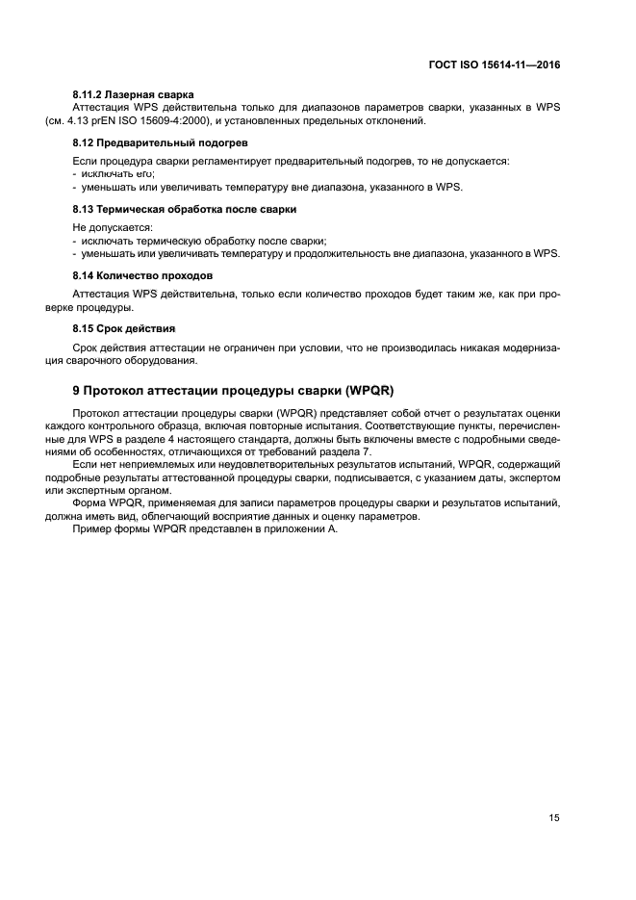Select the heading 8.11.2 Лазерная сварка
tap(134, 94)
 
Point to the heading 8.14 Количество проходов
tap(142, 275)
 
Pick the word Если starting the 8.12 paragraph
tap(85, 160)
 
